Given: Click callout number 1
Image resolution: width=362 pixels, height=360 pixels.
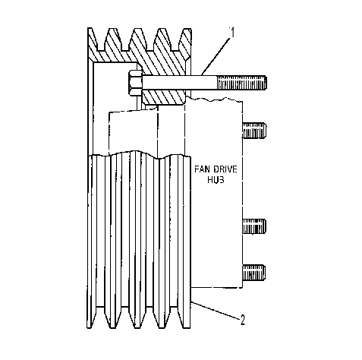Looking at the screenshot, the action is tap(232, 33).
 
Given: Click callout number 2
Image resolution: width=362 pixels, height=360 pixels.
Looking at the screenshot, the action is tap(243, 320).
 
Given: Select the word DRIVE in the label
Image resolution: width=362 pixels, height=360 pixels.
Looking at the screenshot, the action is tap(225, 169).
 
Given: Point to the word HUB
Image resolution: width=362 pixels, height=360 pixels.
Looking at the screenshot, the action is tap(216, 179).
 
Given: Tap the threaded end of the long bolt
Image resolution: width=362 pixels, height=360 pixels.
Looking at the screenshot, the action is tap(241, 83).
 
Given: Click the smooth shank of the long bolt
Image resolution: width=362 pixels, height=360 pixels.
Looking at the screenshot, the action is tap(180, 83).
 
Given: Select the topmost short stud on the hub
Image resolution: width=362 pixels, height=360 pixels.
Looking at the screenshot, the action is tap(253, 131).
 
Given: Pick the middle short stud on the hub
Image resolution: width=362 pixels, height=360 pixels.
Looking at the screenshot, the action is tap(253, 226).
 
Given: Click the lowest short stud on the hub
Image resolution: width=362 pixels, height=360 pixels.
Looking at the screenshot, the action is tap(253, 273).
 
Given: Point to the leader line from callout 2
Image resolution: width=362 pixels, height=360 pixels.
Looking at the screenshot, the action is tap(215, 309).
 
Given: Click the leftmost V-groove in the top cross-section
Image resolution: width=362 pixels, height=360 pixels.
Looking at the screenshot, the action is tap(101, 40).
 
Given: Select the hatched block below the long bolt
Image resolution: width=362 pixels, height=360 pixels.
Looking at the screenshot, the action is tap(163, 96).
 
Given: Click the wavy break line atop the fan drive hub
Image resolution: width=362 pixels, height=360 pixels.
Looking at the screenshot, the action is tap(214, 99).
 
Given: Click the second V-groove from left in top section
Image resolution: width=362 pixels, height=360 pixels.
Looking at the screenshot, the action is tap(125, 40).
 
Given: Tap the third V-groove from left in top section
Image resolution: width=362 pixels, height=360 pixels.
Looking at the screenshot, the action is tap(150, 40).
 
